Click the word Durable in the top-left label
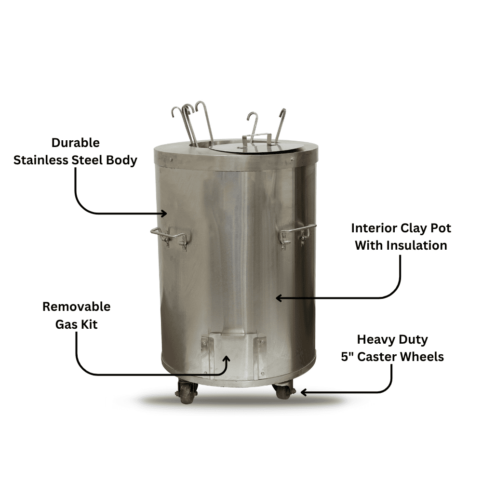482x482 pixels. pos(76,143)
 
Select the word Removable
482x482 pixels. pos(76,307)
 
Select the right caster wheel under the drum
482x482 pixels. pos(284,389)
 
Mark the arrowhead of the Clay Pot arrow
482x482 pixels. pos(279,298)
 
